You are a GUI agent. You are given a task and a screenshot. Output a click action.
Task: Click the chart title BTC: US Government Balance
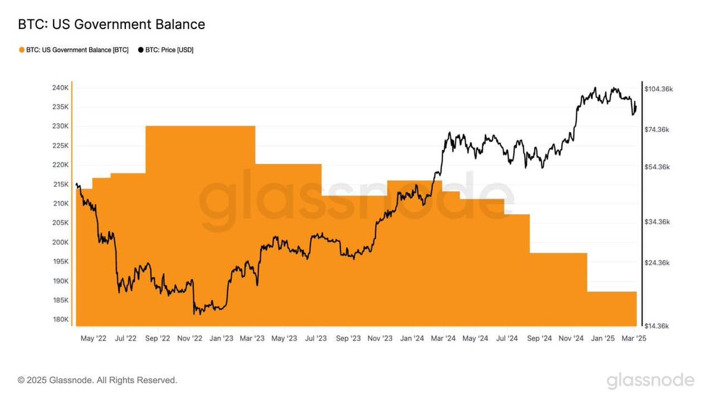point(112,24)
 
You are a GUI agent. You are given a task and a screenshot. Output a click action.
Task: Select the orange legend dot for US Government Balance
point(22,50)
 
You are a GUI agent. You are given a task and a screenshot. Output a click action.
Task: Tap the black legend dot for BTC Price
point(141,50)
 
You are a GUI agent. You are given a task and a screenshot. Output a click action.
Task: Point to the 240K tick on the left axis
point(61,88)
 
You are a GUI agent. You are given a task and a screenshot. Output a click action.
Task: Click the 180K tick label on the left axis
point(61,320)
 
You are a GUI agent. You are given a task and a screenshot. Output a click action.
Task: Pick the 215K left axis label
point(61,184)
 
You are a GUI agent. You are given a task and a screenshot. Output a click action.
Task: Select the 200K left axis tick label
point(61,242)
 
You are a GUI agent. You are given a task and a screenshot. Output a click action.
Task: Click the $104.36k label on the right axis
point(659,89)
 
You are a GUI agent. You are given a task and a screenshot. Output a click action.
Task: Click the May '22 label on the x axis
point(93,339)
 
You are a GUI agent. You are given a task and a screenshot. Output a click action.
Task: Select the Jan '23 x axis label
point(221,339)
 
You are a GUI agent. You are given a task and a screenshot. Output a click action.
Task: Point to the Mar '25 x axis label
point(635,339)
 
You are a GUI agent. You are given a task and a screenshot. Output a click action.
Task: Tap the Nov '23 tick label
point(380,339)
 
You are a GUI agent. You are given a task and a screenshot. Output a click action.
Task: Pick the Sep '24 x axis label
point(540,339)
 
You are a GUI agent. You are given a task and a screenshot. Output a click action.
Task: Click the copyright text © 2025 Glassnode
point(97,380)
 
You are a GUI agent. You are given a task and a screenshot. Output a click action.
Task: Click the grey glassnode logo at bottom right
point(650,380)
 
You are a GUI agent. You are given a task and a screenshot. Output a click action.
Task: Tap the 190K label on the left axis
point(61,281)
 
